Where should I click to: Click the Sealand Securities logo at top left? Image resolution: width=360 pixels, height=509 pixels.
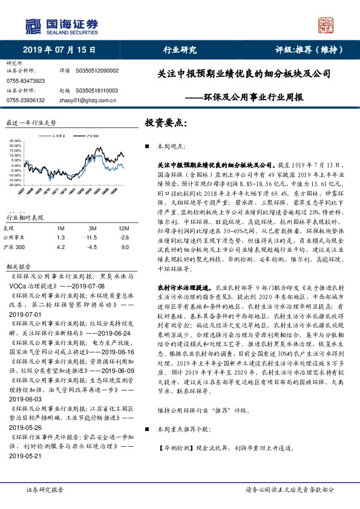(x=61, y=25)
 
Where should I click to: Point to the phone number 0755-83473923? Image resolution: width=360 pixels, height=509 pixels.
(x=25, y=80)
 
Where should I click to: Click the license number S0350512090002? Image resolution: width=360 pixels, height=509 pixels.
(x=97, y=71)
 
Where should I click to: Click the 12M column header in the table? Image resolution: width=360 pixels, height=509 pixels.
(x=125, y=228)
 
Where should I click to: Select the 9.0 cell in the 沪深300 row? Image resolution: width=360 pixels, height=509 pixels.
(x=125, y=247)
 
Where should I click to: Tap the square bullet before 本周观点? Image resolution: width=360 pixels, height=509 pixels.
(x=147, y=146)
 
